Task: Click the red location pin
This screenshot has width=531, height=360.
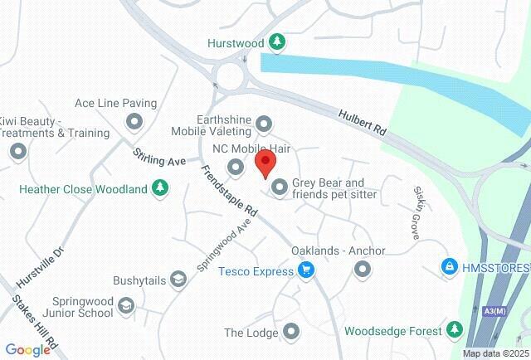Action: coord(265,163)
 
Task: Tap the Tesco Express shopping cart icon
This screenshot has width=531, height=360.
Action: coord(306,270)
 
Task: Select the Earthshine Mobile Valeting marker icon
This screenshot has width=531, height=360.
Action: coord(265,124)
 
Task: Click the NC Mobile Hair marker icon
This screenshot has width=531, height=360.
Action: coord(236,168)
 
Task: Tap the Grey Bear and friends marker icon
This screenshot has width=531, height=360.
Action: coord(280,188)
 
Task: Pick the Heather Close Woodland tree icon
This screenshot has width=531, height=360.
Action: coord(160,189)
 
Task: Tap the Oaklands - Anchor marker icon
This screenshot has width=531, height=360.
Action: coord(362,269)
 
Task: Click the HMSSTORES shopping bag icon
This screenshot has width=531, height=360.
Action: coord(449,267)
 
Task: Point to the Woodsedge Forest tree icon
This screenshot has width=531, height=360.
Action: coord(454,330)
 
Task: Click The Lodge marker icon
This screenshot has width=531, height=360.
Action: coord(291,333)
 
